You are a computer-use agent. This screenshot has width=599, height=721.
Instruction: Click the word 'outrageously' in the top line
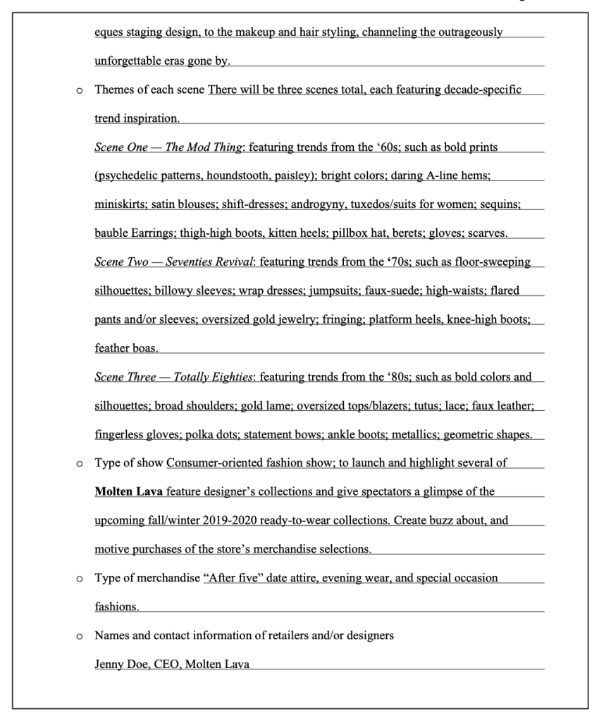[471, 32]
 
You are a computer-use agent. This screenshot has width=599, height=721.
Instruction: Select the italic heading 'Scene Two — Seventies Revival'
[173, 262]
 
